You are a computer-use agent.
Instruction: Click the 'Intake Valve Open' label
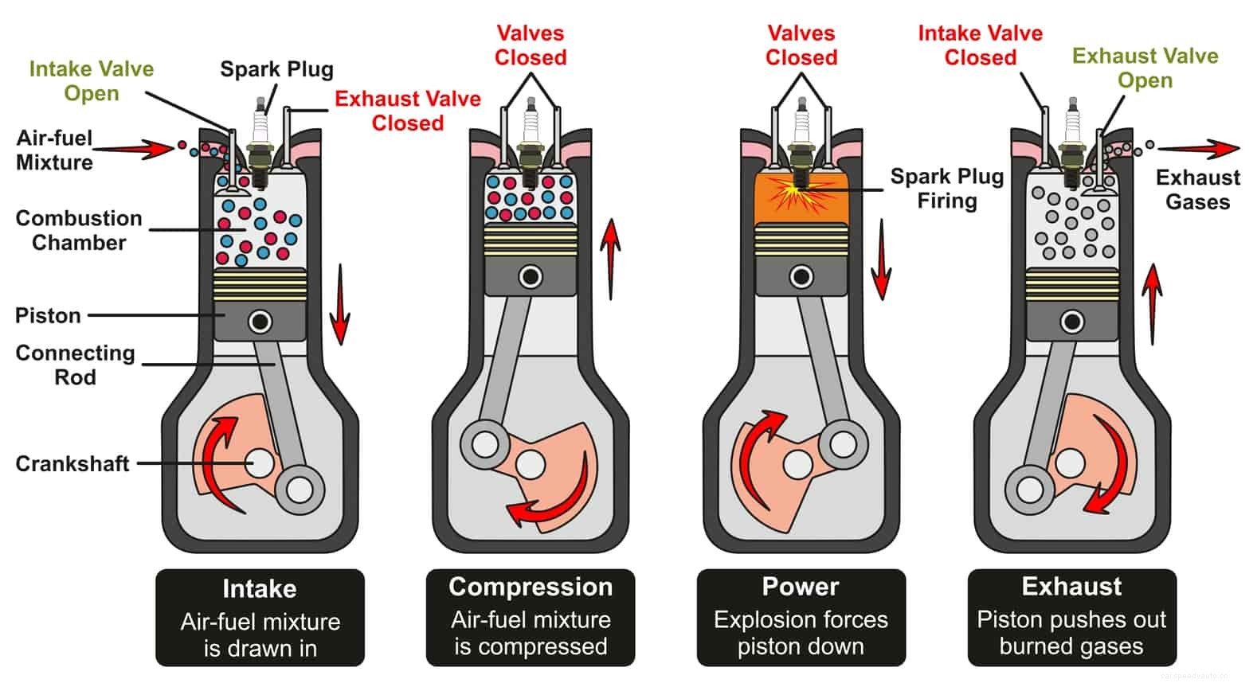click(91, 80)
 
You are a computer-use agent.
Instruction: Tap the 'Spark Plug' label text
click(276, 69)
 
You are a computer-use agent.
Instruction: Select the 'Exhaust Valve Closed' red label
click(407, 111)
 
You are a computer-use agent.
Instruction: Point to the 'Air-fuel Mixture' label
click(54, 150)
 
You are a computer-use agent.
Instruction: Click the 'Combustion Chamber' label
click(78, 230)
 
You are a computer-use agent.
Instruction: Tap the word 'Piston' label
click(48, 315)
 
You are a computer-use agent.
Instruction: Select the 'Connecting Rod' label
click(75, 365)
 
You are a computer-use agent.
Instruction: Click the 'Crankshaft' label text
click(72, 463)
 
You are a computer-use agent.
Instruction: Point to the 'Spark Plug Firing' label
click(946, 188)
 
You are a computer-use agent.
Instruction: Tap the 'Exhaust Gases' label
click(1197, 189)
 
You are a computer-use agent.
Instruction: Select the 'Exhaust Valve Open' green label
click(1145, 68)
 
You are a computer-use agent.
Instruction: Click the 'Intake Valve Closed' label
click(980, 45)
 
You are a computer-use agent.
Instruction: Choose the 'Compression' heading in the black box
click(531, 587)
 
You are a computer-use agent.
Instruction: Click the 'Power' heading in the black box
click(801, 587)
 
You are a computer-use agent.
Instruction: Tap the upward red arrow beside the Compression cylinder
click(610, 259)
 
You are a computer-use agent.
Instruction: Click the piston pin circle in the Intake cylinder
click(260, 322)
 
